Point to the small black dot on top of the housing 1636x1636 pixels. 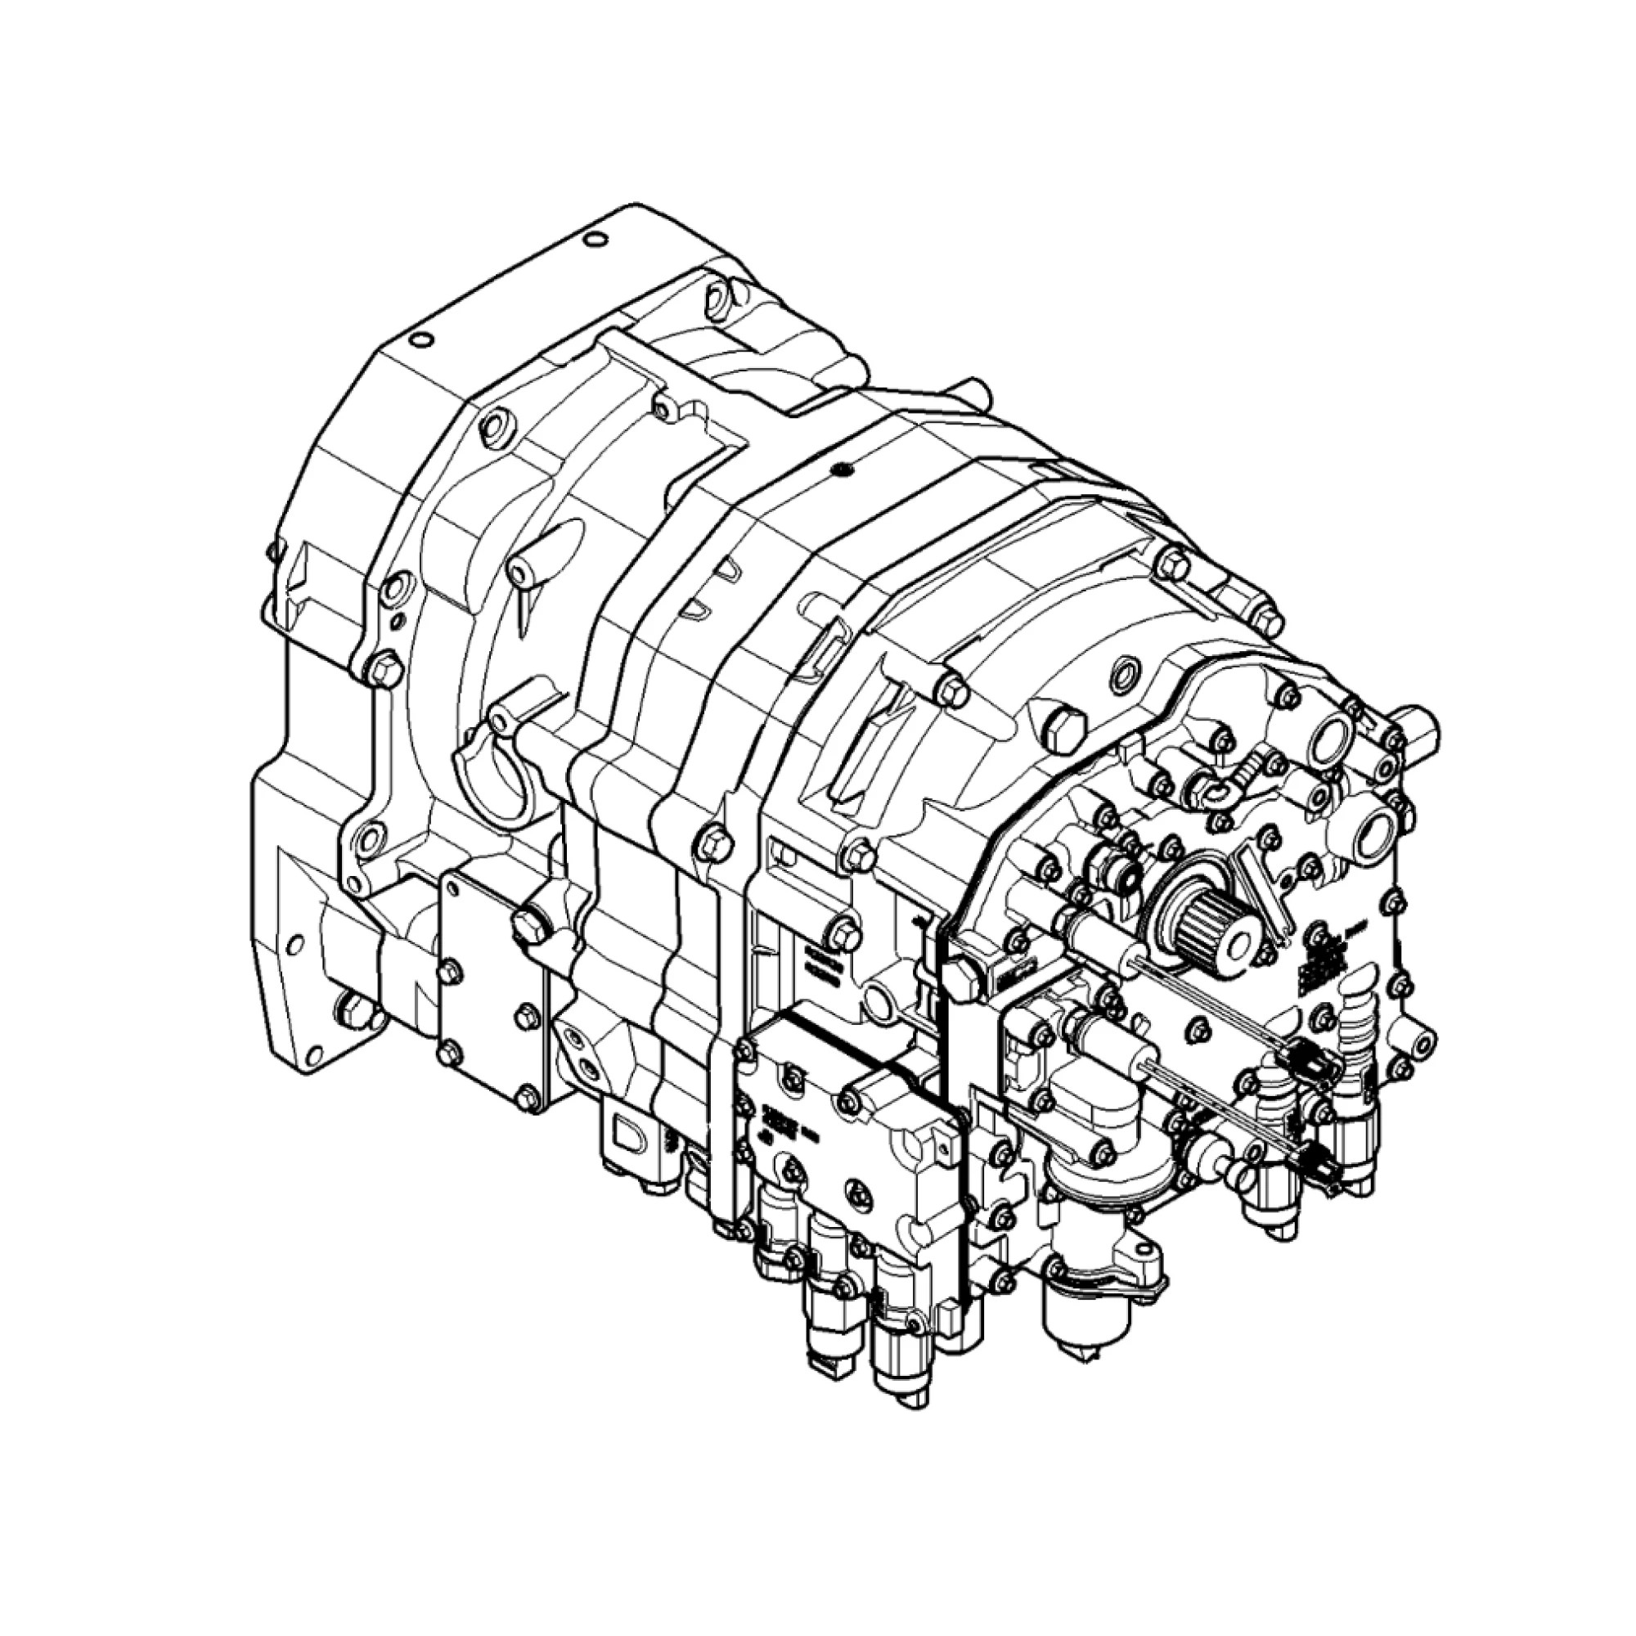tap(839, 468)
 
